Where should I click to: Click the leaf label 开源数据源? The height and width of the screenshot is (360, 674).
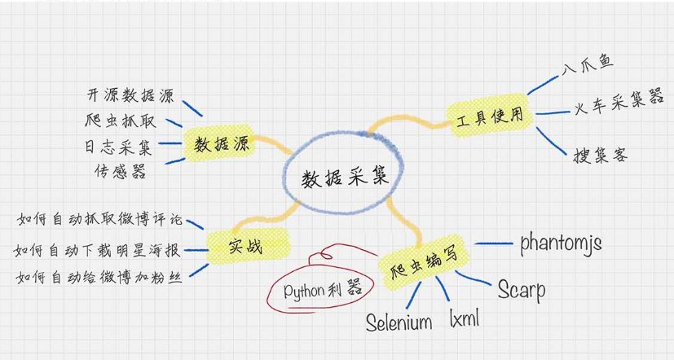pos(130,95)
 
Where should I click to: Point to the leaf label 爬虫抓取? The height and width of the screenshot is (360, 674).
pos(121,121)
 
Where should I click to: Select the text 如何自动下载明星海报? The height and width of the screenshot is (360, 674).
pos(99,248)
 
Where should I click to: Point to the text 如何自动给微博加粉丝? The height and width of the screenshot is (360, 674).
pos(99,277)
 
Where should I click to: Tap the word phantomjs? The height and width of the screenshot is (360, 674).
pos(562,243)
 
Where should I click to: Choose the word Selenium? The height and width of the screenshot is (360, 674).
pos(399,323)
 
